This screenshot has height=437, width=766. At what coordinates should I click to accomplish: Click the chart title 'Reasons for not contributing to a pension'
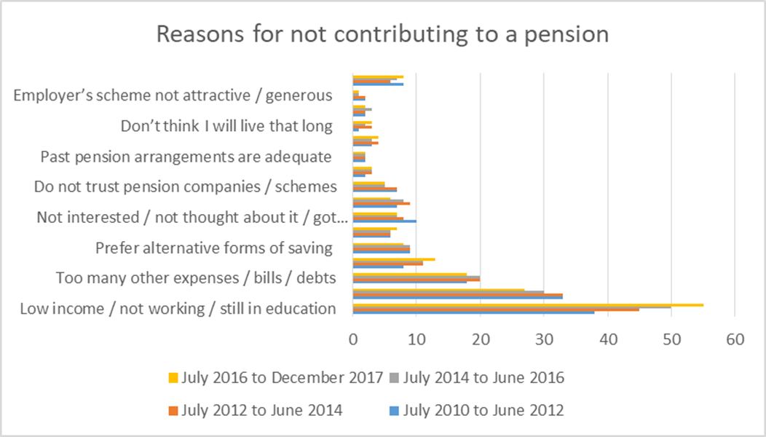[383, 35]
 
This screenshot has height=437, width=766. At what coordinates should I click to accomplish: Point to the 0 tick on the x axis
[352, 339]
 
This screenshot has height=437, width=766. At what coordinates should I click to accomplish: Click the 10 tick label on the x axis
[416, 339]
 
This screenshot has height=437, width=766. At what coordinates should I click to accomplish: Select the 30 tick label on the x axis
[544, 339]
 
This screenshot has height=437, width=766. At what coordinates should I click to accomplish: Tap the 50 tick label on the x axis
[671, 339]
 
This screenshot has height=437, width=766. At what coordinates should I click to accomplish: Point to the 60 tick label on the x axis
[735, 339]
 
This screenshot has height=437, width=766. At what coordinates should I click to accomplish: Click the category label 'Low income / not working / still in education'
[178, 308]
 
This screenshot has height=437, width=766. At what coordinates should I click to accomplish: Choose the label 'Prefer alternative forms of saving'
[214, 248]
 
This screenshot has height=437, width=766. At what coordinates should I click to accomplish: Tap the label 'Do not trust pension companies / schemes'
[186, 186]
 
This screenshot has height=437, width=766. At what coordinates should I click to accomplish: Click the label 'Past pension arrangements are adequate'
[186, 157]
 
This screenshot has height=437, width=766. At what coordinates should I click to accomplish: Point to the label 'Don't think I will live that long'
[226, 126]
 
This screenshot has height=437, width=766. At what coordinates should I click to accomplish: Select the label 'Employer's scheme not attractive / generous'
[173, 95]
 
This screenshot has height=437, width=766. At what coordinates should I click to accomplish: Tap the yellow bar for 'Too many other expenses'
[409, 274]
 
